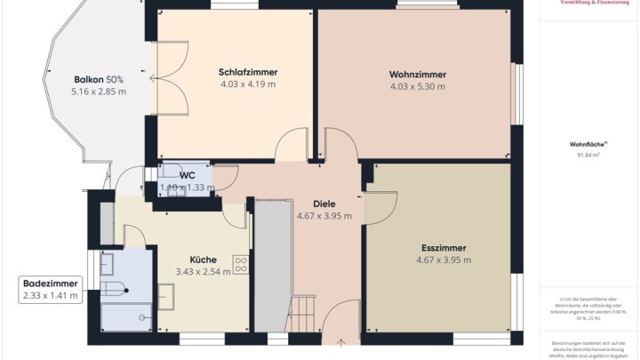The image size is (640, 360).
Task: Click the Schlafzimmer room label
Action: pos(248,72)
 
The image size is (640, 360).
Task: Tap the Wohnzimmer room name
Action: pos(417,74)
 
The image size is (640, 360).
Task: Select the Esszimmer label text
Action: pos(444,247)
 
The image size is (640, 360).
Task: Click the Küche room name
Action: pos(203,259)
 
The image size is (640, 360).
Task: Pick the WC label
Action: pos(187,175)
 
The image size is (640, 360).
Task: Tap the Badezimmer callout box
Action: pos(50,289)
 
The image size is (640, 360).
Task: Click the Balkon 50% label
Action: pos(99,79)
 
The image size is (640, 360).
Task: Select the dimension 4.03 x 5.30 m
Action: pos(417,86)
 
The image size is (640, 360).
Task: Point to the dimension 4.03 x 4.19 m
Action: pos(248,84)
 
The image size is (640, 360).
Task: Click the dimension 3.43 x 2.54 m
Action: pos(203,271)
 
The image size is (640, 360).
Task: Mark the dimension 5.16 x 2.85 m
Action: pos(99,92)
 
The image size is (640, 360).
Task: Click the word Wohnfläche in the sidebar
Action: pos(587,143)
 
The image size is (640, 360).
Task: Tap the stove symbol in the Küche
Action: pos(240,264)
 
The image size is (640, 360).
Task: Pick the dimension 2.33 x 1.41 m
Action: pos(50,295)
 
